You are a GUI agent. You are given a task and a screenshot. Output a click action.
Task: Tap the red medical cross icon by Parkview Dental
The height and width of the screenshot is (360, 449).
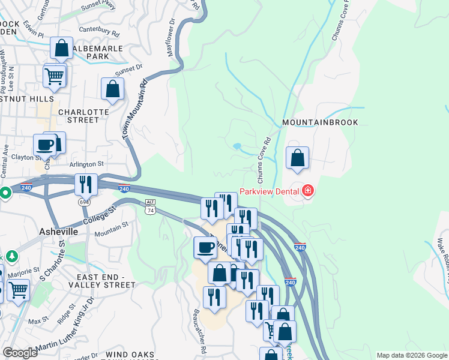[x=308, y=191]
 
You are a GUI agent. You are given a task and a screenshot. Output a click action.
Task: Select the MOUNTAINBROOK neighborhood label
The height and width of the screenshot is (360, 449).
[x=320, y=122]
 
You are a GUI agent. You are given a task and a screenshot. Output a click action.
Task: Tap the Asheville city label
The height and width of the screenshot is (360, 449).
[x=58, y=232]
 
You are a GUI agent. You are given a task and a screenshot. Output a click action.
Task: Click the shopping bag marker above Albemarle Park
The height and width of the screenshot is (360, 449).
[x=61, y=49]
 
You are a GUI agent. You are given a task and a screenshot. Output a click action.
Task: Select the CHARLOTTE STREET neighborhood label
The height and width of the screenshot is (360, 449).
[x=70, y=116]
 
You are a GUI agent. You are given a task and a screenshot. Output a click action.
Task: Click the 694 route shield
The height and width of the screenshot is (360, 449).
[x=84, y=202]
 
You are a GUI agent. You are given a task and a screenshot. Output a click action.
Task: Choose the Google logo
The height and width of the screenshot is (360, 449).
[x=20, y=353]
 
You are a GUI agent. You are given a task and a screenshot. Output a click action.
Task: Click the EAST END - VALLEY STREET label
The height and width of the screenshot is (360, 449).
[x=115, y=281]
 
